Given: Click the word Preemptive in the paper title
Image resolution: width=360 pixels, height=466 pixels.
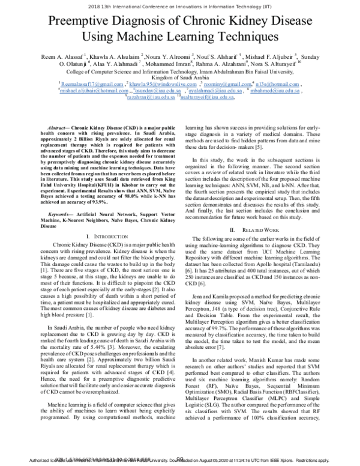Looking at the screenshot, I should [84, 22].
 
